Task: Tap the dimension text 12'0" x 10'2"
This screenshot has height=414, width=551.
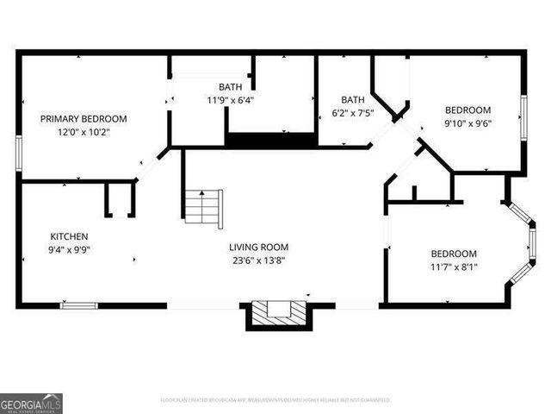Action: pyautogui.click(x=84, y=132)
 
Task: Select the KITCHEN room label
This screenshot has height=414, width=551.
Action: pyautogui.click(x=69, y=236)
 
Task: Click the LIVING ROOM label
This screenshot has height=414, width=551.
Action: pyautogui.click(x=258, y=247)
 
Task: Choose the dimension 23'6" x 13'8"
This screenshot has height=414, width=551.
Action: pyautogui.click(x=258, y=260)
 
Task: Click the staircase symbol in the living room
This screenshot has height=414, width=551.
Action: pyautogui.click(x=204, y=207)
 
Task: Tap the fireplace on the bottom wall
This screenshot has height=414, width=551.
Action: pyautogui.click(x=277, y=313)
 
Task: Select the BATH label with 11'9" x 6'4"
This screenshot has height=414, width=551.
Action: pyautogui.click(x=230, y=86)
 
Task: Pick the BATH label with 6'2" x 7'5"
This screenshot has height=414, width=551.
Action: pyautogui.click(x=353, y=99)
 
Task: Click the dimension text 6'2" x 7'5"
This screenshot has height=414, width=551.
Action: pyautogui.click(x=353, y=112)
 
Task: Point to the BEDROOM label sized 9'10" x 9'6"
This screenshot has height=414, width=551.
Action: pyautogui.click(x=467, y=110)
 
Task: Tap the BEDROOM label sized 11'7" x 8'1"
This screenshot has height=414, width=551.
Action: pyautogui.click(x=454, y=254)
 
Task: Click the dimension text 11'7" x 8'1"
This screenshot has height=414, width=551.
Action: pyautogui.click(x=454, y=267)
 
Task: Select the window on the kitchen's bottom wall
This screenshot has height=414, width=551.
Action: pyautogui.click(x=78, y=304)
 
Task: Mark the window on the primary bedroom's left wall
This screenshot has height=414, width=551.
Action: pyautogui.click(x=19, y=147)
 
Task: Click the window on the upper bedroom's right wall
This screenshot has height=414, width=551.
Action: pyautogui.click(x=523, y=117)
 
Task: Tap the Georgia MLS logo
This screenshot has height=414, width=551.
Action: pyautogui.click(x=31, y=403)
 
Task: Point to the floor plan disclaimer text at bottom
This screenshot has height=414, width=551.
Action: pyautogui.click(x=275, y=400)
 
